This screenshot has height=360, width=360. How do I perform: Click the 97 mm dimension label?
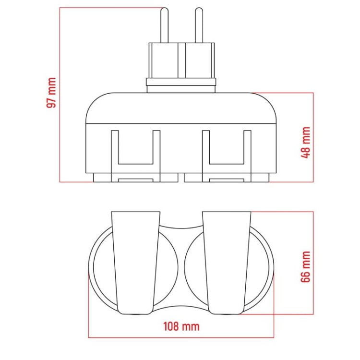[x=51, y=93]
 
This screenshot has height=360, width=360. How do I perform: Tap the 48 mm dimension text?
[x=306, y=143]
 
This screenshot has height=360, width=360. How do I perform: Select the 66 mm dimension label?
[x=306, y=267]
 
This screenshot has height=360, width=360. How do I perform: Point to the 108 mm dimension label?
[x=181, y=326]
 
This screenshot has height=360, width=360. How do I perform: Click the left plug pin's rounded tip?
[x=164, y=10]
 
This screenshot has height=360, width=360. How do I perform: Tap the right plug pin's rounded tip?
[x=199, y=10]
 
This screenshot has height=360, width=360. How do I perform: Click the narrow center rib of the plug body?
[x=181, y=60]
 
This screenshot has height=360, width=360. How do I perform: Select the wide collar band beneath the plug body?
[x=181, y=82]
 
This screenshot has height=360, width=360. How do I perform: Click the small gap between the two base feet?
[x=181, y=178]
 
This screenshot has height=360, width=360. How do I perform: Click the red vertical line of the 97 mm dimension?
[x=60, y=95]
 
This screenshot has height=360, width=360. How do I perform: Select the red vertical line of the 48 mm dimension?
[x=313, y=137]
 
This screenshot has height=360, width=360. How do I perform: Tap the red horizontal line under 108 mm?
[x=181, y=337]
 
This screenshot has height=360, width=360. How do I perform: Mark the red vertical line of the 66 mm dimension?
[x=313, y=263]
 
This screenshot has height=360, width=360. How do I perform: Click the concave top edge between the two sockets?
[x=181, y=228]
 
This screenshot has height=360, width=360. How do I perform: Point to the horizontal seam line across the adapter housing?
[x=181, y=124]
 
